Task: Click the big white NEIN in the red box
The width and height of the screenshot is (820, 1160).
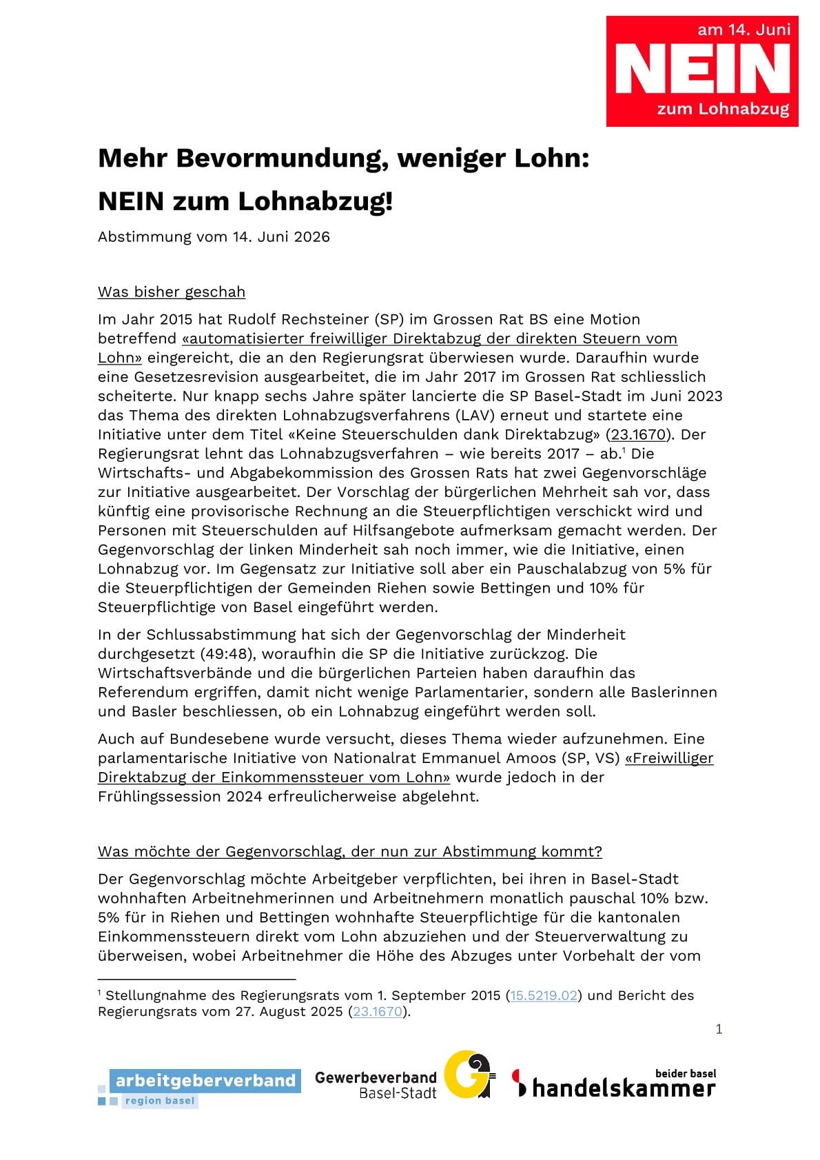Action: [x=702, y=68]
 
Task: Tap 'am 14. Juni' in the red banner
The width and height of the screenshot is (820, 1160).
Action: [x=744, y=30]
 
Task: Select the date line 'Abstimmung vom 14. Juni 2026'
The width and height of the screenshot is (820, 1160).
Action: [x=214, y=236]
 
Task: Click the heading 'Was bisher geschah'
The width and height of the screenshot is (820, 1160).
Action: [x=172, y=292]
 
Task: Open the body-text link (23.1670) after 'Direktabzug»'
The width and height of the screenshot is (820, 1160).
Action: [x=638, y=434]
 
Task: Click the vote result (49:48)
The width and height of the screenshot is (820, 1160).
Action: [x=226, y=653]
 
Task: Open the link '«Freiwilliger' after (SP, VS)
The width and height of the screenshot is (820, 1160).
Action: [x=669, y=758]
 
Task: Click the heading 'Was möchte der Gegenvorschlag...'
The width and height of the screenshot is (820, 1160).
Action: [x=349, y=851]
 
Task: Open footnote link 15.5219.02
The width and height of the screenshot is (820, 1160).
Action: [x=543, y=995]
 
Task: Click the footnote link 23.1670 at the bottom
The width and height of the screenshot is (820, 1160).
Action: [x=378, y=1011]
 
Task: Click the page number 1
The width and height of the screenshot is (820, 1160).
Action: [x=719, y=1029]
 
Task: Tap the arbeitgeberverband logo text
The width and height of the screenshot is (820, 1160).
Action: [x=205, y=1080]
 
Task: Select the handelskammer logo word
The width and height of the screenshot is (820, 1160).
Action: [x=624, y=1088]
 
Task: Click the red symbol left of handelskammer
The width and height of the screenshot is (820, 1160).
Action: [x=520, y=1082]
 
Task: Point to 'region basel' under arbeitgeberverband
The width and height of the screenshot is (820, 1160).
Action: [x=160, y=1101]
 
